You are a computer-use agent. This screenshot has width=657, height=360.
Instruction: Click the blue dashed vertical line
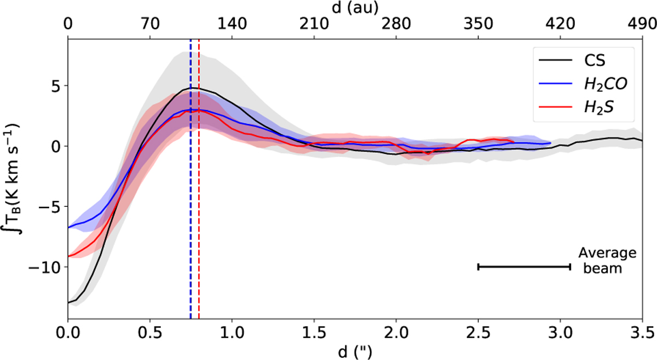tap(191, 219)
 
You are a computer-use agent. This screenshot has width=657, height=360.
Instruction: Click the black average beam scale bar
tap(524, 266)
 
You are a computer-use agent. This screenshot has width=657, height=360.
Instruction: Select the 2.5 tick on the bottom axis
tap(478, 333)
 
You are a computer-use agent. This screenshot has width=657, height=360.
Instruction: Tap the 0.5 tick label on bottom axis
tap(149, 333)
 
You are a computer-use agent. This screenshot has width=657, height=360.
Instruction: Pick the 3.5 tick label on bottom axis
tap(642, 333)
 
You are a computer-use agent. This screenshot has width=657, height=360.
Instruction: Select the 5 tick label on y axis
tap(54, 85)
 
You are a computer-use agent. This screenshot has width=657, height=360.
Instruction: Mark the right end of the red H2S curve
tap(514, 142)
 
